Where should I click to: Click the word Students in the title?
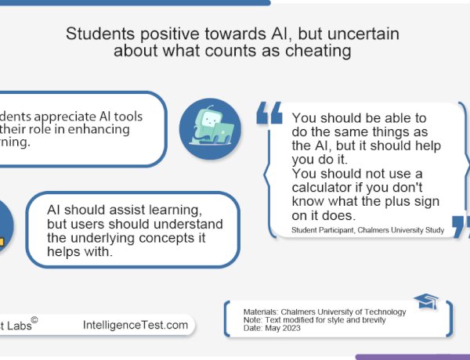98,34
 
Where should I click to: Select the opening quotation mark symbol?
269,114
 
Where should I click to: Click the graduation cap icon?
425,302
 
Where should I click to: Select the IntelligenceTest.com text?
136,324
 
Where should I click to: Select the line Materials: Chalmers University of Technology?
324,311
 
